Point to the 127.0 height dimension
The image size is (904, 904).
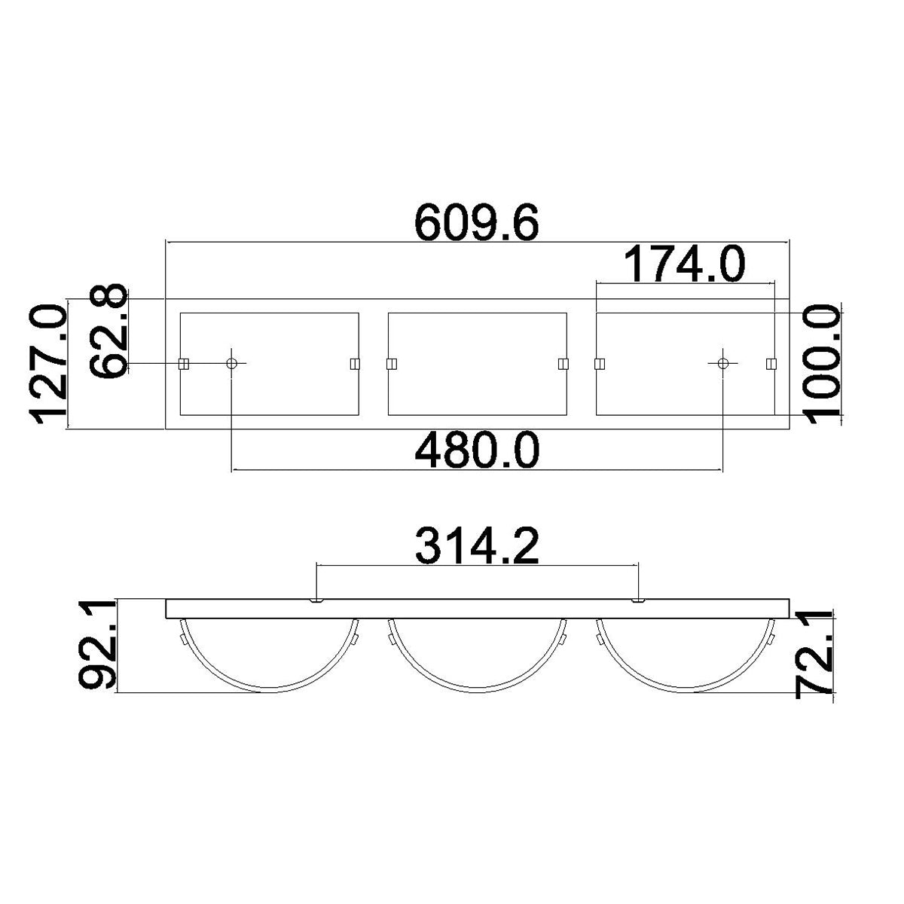pyautogui.click(x=48, y=364)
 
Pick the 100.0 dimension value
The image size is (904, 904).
pyautogui.click(x=820, y=364)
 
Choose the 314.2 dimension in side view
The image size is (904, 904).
pyautogui.click(x=478, y=547)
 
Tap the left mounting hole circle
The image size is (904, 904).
pyautogui.click(x=232, y=364)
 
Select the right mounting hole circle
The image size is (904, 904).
pyautogui.click(x=723, y=364)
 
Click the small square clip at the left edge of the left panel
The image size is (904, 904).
pyautogui.click(x=183, y=364)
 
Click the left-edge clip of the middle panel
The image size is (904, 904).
pyautogui.click(x=391, y=364)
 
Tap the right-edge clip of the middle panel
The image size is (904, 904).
pyautogui.click(x=563, y=364)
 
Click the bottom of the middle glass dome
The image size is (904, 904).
pyautogui.click(x=477, y=690)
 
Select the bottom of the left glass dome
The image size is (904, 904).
pyautogui.click(x=269, y=690)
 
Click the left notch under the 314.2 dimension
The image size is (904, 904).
pyautogui.click(x=317, y=600)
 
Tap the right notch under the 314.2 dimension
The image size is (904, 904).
pyautogui.click(x=638, y=600)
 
